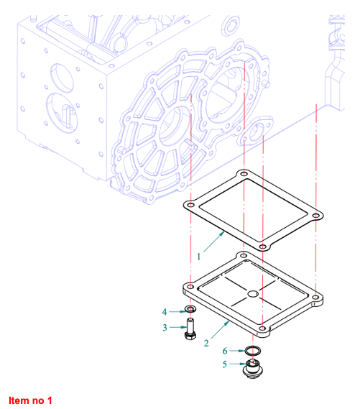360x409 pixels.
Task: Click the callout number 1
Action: tap(199, 257)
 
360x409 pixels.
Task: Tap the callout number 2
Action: tap(206, 344)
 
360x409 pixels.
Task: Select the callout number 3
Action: tap(165, 328)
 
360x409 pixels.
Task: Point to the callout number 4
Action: tap(165, 312)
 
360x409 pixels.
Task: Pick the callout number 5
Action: tap(224, 364)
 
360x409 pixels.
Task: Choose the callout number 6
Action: tap(225, 351)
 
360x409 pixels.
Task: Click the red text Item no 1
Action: tap(30, 400)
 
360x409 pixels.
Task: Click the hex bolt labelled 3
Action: tap(190, 328)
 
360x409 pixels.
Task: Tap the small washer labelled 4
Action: tap(190, 309)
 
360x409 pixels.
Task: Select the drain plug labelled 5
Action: tap(252, 368)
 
